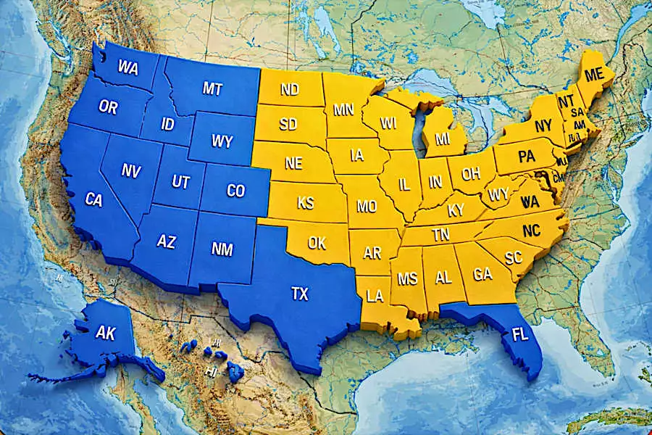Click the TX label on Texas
tap(299, 294)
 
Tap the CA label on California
tap(93, 199)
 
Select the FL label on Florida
tap(519, 335)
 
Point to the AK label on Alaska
tap(106, 333)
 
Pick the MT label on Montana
tap(212, 88)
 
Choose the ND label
tap(290, 90)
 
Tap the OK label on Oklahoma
tap(317, 243)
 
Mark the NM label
tap(222, 249)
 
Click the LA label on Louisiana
tap(375, 295)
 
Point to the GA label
tap(483, 275)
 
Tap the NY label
tap(543, 126)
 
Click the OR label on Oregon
tap(108, 107)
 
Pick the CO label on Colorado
tap(235, 191)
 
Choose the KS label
tap(306, 203)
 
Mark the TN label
tap(440, 234)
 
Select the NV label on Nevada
tap(131, 171)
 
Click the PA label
tap(526, 156)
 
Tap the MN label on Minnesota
tap(343, 110)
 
